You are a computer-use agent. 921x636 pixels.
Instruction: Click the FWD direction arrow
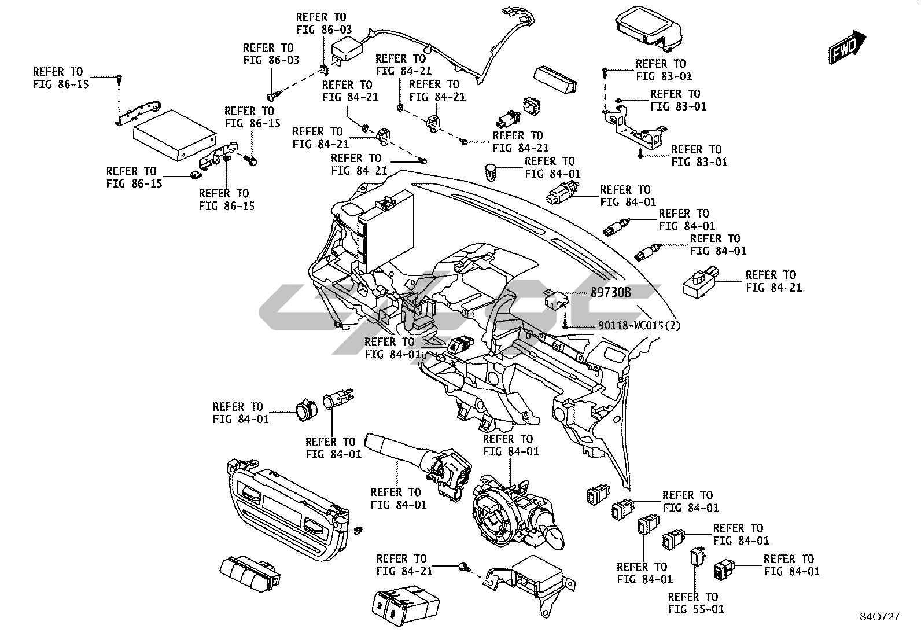click(x=848, y=47)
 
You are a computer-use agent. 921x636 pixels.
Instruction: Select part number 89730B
click(x=610, y=293)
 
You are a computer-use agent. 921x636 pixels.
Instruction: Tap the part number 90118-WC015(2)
click(x=639, y=326)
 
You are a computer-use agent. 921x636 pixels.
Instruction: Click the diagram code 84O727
click(x=882, y=617)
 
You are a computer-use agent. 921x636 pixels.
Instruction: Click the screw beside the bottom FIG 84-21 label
click(x=463, y=566)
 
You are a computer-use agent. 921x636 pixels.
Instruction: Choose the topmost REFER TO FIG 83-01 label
click(x=664, y=69)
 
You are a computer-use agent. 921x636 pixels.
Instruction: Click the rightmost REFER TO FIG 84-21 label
click(x=773, y=281)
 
